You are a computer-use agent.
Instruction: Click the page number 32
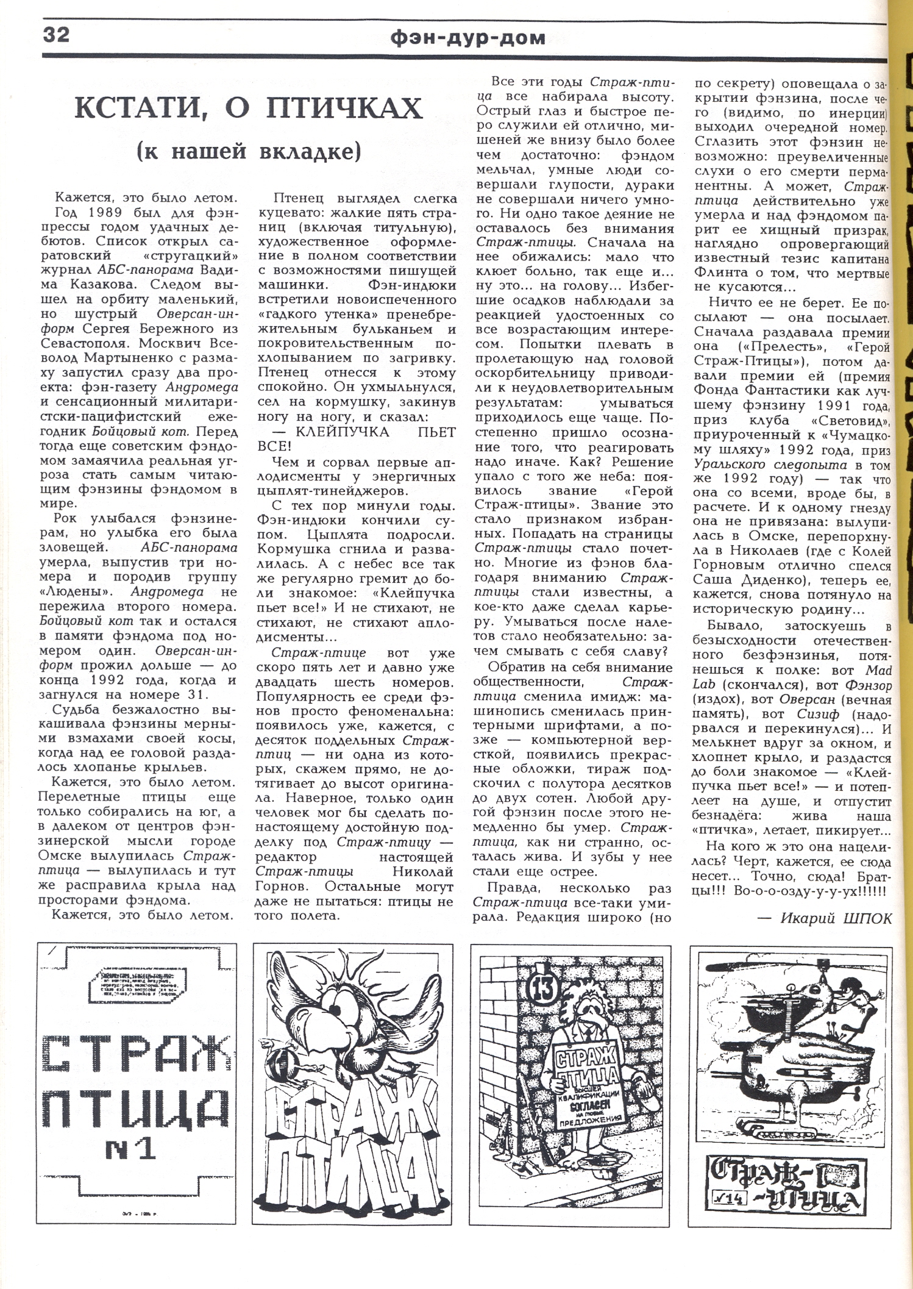pos(56,35)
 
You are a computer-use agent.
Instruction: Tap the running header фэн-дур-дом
pos(468,38)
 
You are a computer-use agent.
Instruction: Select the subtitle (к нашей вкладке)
pos(249,151)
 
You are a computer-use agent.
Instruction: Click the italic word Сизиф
pos(817,714)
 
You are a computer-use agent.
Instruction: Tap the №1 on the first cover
pos(130,1150)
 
